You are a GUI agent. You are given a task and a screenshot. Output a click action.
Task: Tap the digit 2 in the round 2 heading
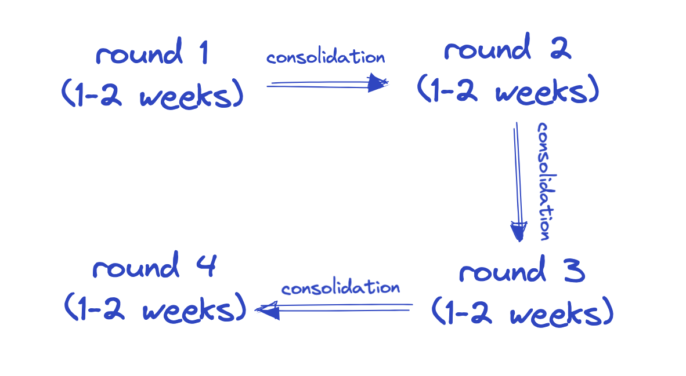[560, 49]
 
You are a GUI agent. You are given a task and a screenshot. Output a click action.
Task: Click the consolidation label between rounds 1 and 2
[326, 58]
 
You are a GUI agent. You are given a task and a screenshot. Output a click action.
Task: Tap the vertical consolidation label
[544, 181]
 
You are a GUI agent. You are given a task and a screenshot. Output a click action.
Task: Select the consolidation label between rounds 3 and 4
[341, 288]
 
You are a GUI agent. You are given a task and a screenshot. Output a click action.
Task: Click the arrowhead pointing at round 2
[378, 84]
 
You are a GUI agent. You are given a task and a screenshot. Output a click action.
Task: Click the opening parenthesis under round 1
[67, 94]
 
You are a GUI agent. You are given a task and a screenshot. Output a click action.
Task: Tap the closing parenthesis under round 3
[607, 314]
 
